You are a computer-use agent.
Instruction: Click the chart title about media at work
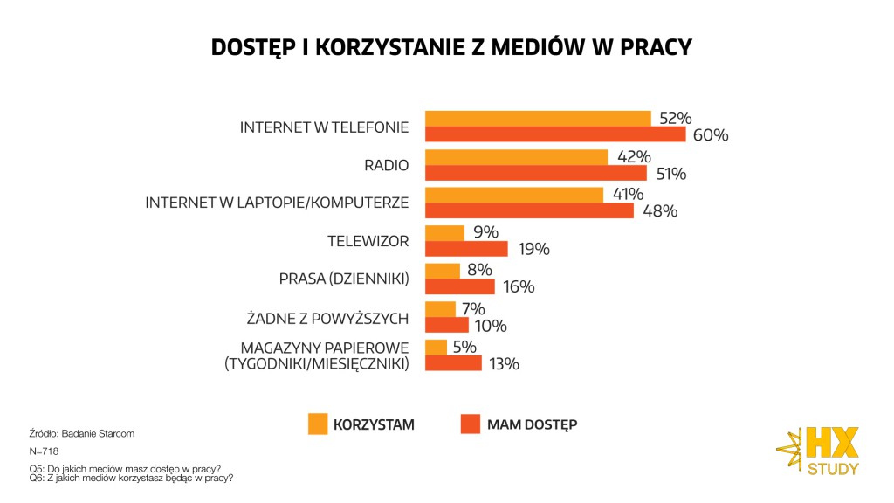[451, 48]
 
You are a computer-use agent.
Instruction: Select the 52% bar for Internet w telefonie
[538, 119]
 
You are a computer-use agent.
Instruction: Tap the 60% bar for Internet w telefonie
[555, 134]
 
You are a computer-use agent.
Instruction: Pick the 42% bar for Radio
[516, 157]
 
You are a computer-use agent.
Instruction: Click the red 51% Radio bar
[535, 173]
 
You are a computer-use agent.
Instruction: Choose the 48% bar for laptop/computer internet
[529, 210]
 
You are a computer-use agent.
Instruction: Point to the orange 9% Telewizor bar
[444, 233]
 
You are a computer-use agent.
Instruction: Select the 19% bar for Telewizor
[466, 249]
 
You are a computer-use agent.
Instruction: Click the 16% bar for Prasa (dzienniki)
[459, 286]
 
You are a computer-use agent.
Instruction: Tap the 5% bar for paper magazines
[436, 348]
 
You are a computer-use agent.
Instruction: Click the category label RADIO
[386, 165]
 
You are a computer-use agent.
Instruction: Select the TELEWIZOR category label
[368, 241]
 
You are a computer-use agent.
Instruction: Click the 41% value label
[628, 194]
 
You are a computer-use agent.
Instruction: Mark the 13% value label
[504, 363]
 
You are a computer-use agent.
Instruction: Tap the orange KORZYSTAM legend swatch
[318, 424]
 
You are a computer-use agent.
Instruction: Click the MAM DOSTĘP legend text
[532, 425]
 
